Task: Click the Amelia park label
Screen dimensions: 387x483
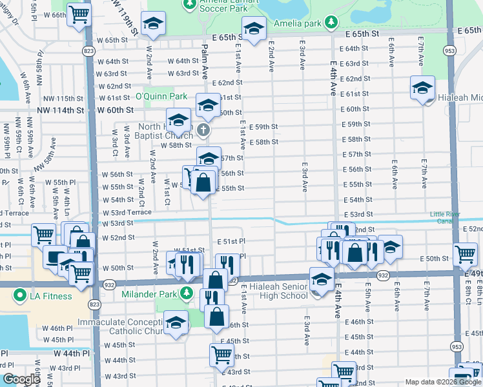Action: pos(296,23)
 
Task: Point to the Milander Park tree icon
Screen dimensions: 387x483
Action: pos(187,294)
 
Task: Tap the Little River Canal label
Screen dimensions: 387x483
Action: pos(456,218)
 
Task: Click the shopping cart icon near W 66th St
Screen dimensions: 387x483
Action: pos(79,13)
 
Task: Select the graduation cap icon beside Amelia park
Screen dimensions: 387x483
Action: pos(254,28)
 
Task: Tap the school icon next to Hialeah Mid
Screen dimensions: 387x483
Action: pos(422,88)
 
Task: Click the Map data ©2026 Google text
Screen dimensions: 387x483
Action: pos(442,382)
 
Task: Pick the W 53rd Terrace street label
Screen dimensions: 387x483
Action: pos(127,212)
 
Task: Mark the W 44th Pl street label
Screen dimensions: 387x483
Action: pos(72,353)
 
